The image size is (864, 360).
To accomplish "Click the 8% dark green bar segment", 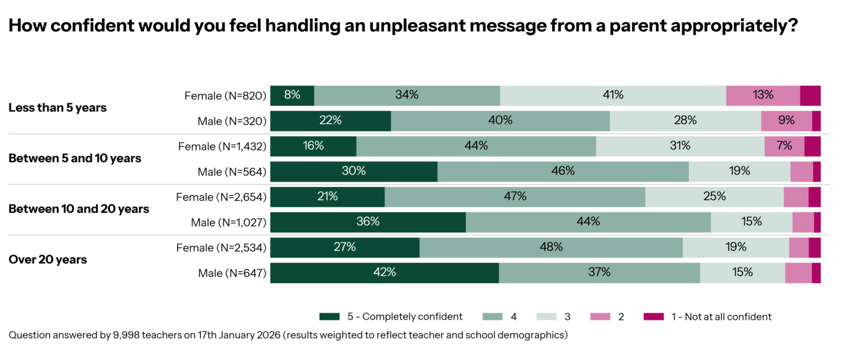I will pos(292,95).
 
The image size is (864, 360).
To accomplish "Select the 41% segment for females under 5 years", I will pos(613,95).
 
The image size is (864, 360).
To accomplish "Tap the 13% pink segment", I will pos(763,95).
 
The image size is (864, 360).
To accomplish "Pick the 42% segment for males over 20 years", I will pos(384,272).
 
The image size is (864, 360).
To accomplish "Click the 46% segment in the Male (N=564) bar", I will pos(563,171).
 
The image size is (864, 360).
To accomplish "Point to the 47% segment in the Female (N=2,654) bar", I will pos(515,197).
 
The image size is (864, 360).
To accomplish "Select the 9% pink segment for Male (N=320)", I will pos(786,121).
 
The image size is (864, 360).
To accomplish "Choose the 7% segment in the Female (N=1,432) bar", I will pos(784,146).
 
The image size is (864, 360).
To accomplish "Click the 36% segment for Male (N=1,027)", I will pos(368,222).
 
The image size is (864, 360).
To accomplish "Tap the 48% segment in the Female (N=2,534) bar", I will pos(551,247).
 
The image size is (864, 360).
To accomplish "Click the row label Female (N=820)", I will pos(224,95).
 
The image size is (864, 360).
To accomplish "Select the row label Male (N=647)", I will pos(232,273).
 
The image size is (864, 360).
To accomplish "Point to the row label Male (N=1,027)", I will pos(228,223).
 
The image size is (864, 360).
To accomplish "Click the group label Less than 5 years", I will pos(58,108).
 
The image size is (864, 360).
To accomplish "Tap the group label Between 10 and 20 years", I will pos(79,209).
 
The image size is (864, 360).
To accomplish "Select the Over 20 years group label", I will pos(48,260).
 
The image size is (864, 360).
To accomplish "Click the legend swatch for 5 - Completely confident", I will pos(330,316).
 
